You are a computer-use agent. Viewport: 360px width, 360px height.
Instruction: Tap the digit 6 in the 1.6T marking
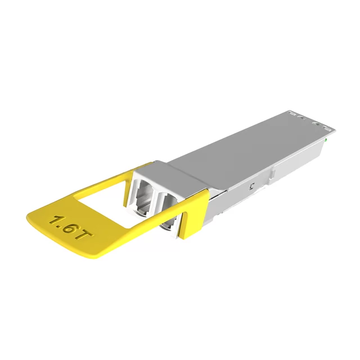coord(69,227)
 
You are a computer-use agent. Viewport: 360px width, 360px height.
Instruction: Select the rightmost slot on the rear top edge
coord(325,125)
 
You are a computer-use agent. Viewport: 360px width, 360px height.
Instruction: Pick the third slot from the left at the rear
coord(316,121)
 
